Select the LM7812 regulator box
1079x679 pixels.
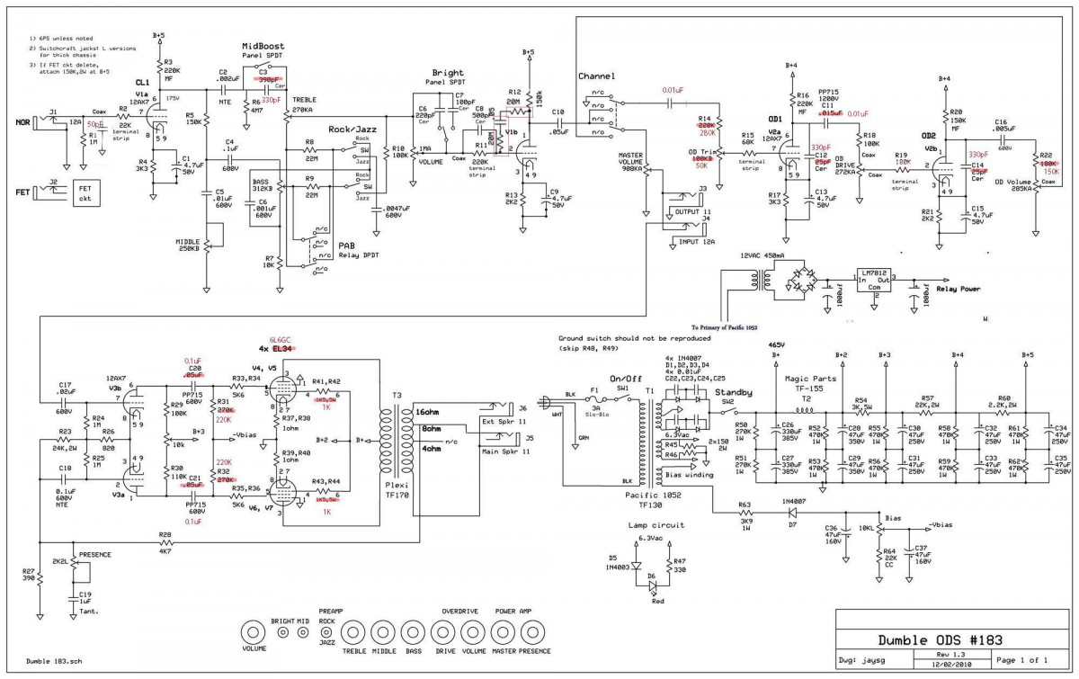click(871, 281)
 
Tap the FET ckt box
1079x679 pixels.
click(85, 192)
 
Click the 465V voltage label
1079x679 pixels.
click(778, 344)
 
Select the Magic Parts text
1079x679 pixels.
click(812, 378)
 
